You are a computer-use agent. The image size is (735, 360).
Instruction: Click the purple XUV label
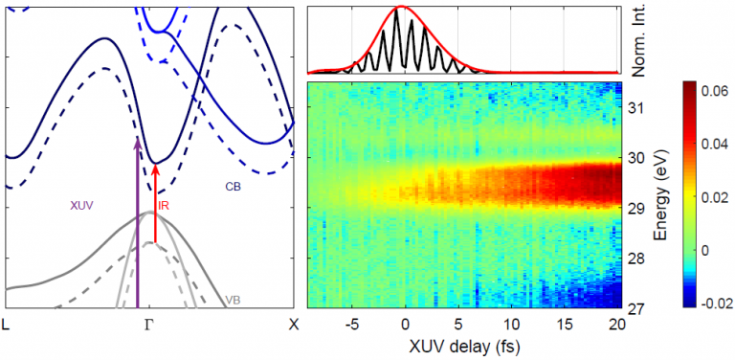pyautogui.click(x=82, y=205)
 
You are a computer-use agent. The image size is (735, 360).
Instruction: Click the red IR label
pyautogui.click(x=165, y=205)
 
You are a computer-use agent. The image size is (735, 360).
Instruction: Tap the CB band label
pyautogui.click(x=234, y=188)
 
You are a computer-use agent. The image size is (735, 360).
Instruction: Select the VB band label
pyautogui.click(x=233, y=300)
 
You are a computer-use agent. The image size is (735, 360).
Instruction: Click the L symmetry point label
pyautogui.click(x=9, y=324)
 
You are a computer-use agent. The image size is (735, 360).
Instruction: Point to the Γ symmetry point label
pyautogui.click(x=148, y=324)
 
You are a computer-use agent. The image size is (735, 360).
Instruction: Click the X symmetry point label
pyautogui.click(x=293, y=324)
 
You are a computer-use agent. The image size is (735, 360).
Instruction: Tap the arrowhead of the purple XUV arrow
pyautogui.click(x=138, y=144)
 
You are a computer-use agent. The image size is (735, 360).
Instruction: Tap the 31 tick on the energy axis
pyautogui.click(x=635, y=108)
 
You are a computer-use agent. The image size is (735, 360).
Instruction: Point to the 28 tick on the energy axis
pyautogui.click(x=635, y=259)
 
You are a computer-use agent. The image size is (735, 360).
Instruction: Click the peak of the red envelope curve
pyautogui.click(x=402, y=8)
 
